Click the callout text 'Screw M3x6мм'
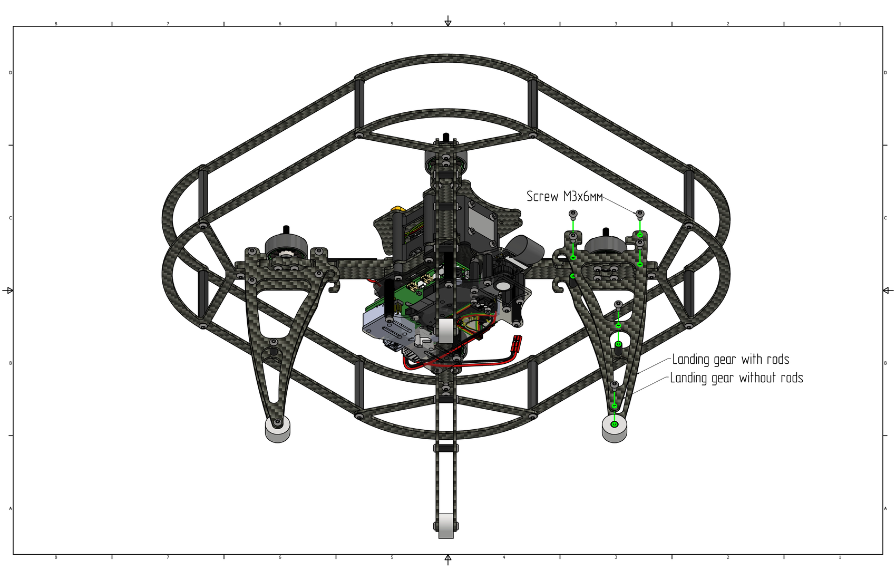564,196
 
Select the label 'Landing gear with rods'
731,360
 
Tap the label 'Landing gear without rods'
737,378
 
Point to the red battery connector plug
515,343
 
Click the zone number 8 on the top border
56,24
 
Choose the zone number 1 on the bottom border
840,557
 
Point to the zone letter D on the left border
11,73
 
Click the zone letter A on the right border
885,508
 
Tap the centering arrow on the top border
448,21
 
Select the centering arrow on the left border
8,290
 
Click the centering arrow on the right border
888,290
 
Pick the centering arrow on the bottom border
448,559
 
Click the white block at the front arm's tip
446,526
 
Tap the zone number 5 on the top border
392,24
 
